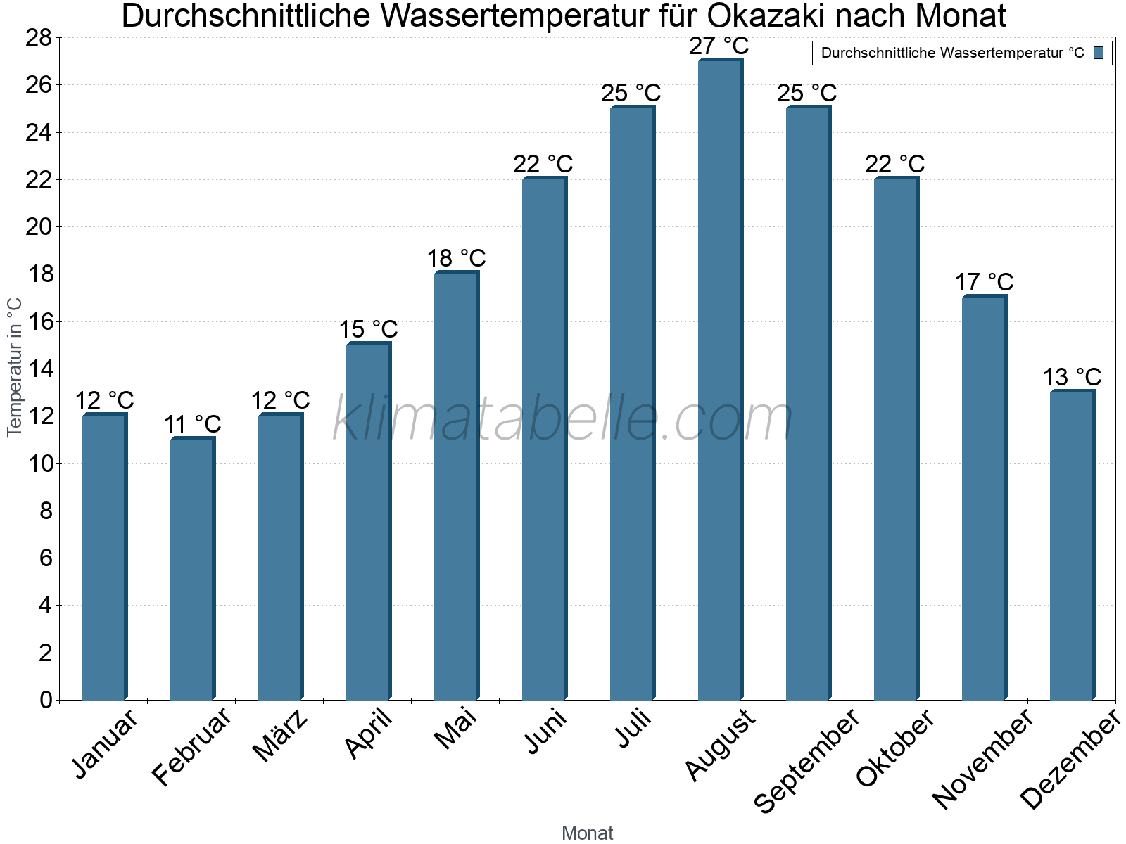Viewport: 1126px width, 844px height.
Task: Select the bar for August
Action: [720, 380]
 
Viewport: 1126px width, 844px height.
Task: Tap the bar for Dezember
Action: [1072, 545]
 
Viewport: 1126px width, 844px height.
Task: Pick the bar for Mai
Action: [456, 485]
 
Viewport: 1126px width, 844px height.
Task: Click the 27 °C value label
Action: [719, 46]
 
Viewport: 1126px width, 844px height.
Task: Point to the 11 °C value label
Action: [192, 425]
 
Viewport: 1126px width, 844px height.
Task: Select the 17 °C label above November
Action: [984, 283]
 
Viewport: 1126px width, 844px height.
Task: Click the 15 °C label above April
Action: [368, 330]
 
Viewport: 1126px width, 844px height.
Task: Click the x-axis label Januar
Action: [105, 744]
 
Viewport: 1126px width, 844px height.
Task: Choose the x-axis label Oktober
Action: [895, 748]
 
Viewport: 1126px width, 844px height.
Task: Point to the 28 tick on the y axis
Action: [39, 38]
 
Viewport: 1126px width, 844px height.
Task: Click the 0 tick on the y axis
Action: [46, 700]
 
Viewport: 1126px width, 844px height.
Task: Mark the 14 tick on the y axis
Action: [39, 369]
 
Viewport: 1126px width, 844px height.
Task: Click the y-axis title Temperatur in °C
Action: [15, 367]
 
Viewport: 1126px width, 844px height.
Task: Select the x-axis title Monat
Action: [587, 833]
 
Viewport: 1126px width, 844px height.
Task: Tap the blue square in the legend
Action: [1099, 53]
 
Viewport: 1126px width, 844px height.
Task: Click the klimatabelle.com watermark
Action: [563, 419]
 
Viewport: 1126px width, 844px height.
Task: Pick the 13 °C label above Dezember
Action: [1071, 377]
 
